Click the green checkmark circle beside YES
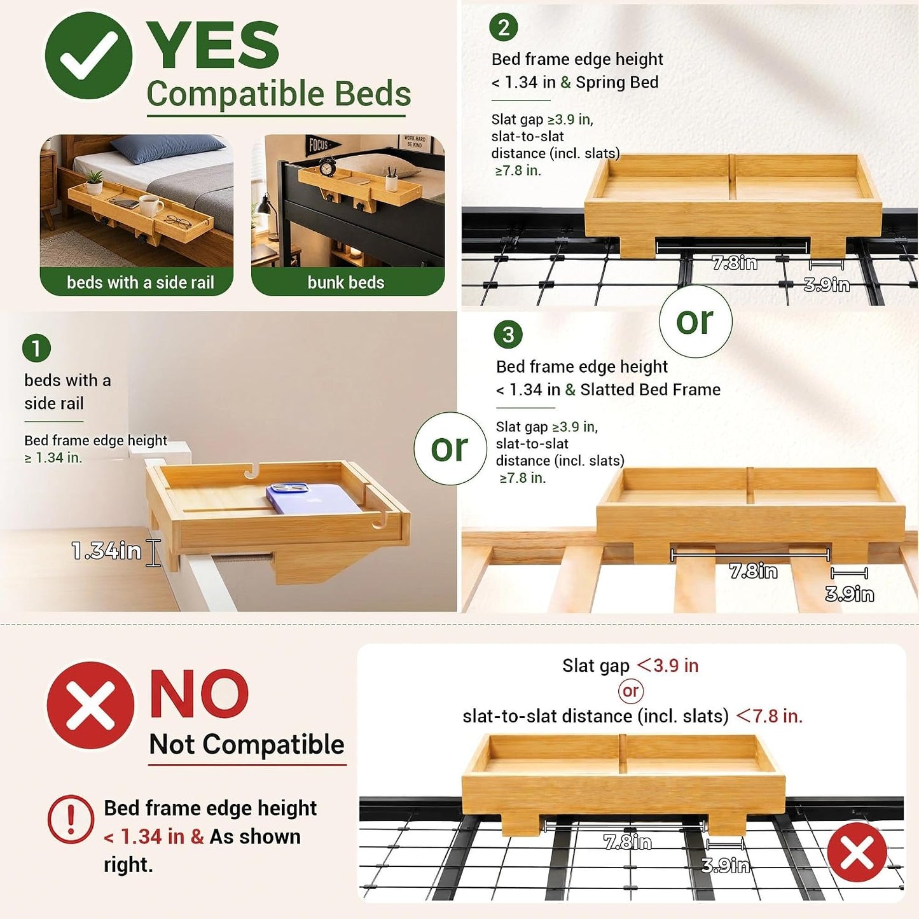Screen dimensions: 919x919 [x=88, y=55]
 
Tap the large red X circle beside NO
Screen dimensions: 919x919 [x=90, y=705]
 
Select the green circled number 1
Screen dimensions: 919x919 [x=36, y=348]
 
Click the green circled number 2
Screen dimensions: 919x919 [x=503, y=27]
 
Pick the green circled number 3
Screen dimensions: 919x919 [x=508, y=335]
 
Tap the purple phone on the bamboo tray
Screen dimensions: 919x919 [x=312, y=498]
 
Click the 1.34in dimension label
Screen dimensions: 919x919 [x=106, y=551]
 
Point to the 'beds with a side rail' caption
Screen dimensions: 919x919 [x=140, y=282]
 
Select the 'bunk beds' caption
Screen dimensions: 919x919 [x=346, y=282]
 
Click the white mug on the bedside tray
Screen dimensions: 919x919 [x=151, y=205]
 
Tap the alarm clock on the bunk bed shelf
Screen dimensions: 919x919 [x=327, y=167]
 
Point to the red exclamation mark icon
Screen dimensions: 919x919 [x=71, y=819]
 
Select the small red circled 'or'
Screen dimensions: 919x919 [x=630, y=691]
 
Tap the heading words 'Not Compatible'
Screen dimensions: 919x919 [x=247, y=744]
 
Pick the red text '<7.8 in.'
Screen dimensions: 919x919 [x=770, y=716]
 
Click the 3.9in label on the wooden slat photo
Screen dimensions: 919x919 [x=850, y=594]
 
